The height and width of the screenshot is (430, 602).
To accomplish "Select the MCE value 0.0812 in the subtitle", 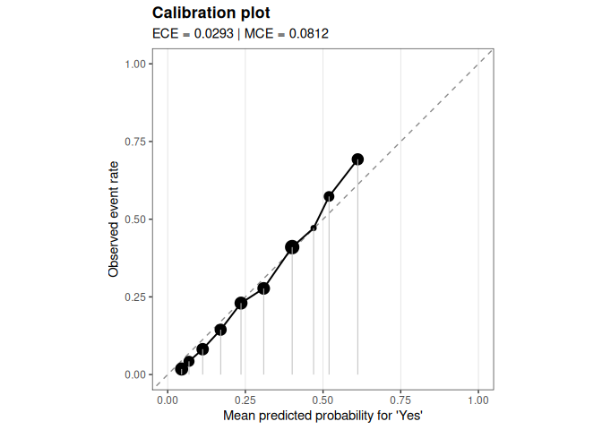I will (x=310, y=34).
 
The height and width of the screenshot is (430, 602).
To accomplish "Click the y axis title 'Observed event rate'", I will (x=114, y=219).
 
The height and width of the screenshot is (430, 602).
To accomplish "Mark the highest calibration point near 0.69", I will (x=357, y=159).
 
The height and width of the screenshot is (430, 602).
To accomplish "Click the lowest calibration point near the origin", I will (x=182, y=369).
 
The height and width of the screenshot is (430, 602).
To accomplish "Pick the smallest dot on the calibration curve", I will (x=314, y=228).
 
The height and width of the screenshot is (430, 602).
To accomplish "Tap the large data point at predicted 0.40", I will (x=292, y=247).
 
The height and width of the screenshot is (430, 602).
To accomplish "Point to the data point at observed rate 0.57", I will (x=329, y=196).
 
